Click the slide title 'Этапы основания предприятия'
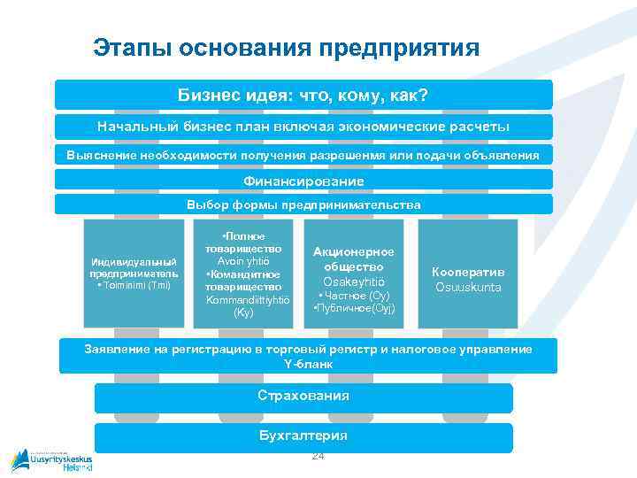coord(286,47)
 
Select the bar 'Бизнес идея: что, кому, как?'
coord(303,94)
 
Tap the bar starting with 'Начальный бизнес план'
coord(303,126)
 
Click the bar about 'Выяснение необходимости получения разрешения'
coord(303,155)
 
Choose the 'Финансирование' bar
coord(303,181)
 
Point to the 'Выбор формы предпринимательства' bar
coord(303,204)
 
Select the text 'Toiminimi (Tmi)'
coord(134,285)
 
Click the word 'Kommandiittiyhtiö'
coord(242,300)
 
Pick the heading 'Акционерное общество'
coord(353,258)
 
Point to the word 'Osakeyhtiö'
coord(353,281)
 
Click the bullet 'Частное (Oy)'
coord(353,295)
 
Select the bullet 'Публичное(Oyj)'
coord(354,308)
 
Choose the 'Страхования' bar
coord(303,395)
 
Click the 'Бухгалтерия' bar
coord(303,436)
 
